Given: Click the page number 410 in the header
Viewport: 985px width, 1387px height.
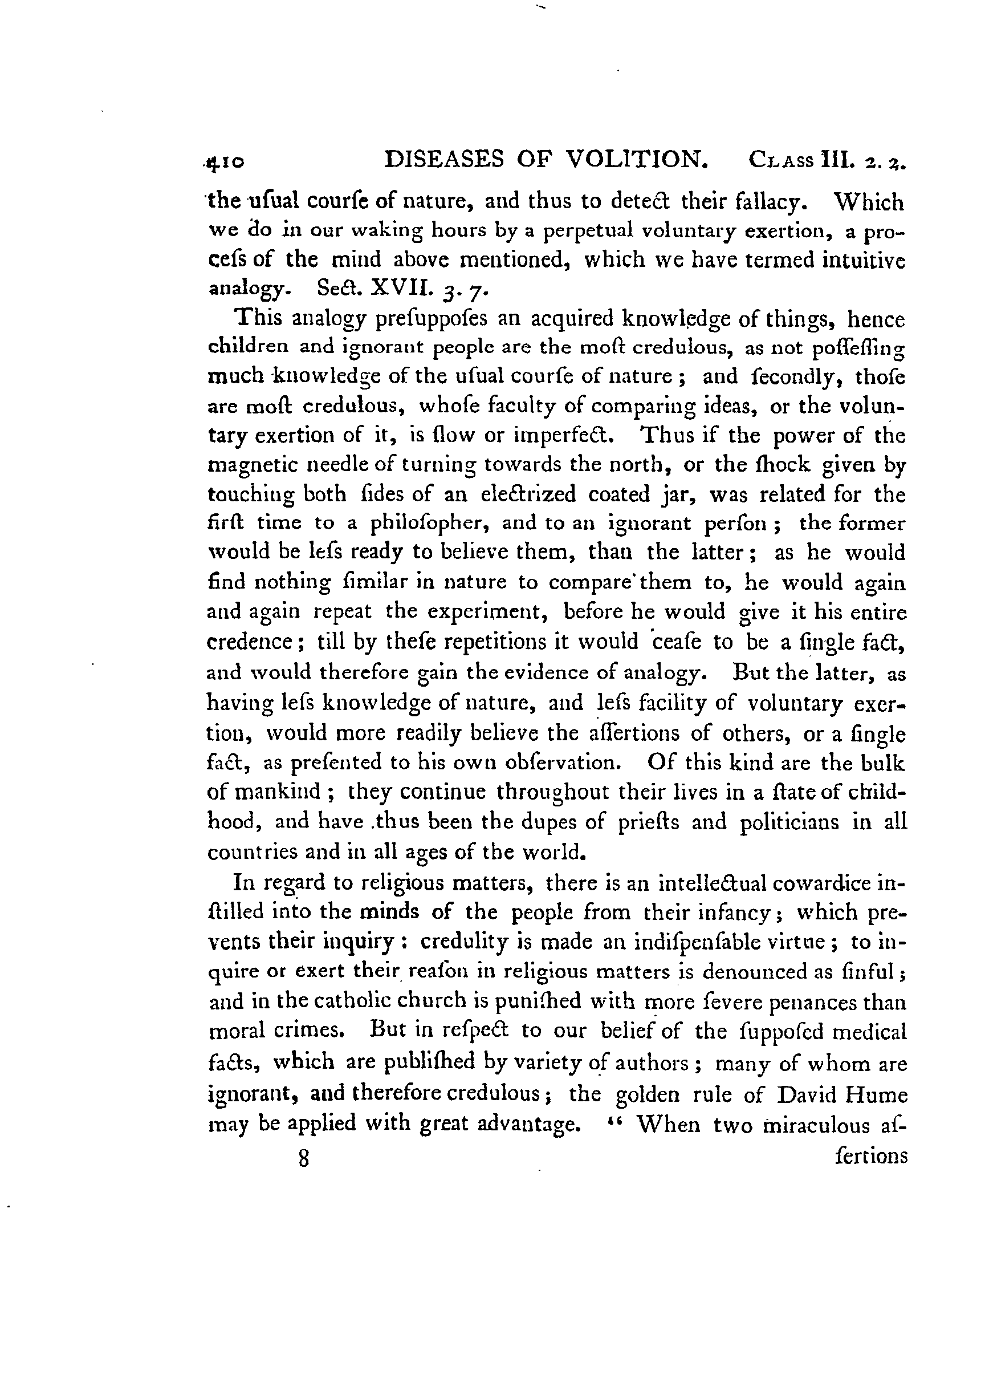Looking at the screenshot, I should coord(226,162).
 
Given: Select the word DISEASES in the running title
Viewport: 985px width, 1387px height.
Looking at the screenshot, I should coord(445,159).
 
